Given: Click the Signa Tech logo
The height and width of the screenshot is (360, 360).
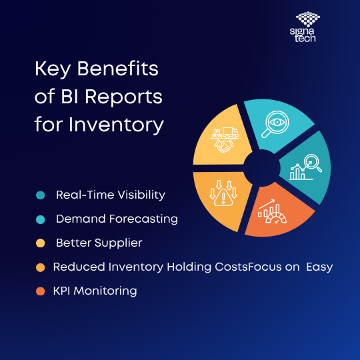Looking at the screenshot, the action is click(x=305, y=27).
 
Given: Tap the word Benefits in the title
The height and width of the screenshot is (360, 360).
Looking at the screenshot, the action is click(x=117, y=69).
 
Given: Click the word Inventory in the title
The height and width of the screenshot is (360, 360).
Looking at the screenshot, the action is click(x=117, y=125).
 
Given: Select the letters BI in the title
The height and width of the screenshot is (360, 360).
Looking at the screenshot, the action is click(x=70, y=97).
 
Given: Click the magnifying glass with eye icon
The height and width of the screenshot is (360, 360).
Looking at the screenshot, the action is click(x=275, y=124).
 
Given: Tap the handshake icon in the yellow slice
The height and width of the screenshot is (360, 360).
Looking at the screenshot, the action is click(x=224, y=146).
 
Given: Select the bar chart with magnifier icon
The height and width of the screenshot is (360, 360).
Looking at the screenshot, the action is click(x=305, y=167).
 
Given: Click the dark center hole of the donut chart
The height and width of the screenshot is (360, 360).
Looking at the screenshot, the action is click(x=262, y=168).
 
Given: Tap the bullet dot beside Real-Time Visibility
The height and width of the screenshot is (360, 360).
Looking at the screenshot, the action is click(x=41, y=195).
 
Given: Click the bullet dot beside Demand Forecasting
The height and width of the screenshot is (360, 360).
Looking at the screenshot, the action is click(x=41, y=219).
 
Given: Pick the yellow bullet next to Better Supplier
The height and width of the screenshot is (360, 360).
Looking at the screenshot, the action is click(x=41, y=243).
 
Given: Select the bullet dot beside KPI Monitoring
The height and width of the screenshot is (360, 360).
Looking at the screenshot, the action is click(x=41, y=291).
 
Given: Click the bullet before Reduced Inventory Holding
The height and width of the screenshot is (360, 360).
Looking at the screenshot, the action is click(x=41, y=267).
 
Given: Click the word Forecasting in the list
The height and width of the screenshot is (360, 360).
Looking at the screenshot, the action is click(x=143, y=219).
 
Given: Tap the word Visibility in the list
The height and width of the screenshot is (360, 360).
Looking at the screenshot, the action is click(x=141, y=195).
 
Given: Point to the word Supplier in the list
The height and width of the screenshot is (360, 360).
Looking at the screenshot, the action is click(x=119, y=243).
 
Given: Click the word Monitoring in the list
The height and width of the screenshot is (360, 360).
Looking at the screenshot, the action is click(x=105, y=291).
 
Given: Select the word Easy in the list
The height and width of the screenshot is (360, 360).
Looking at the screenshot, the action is click(x=319, y=267).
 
